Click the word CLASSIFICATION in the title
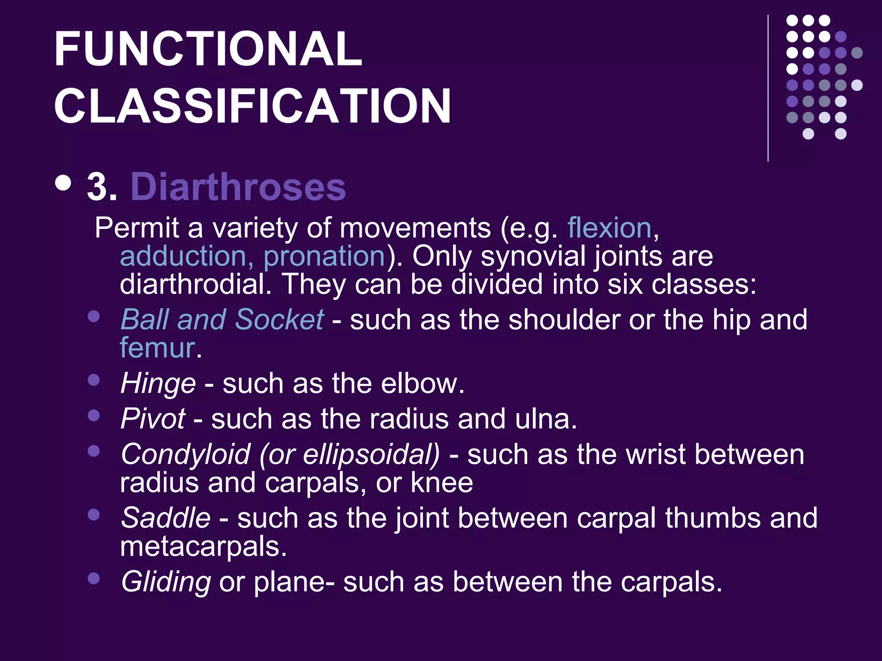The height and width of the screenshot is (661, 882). click(252, 106)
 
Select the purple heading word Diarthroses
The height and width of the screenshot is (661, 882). click(238, 187)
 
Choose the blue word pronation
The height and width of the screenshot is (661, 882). click(324, 256)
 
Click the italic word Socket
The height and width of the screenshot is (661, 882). click(279, 319)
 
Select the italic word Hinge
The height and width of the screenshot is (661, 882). click(158, 383)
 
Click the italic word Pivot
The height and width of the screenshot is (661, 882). click(153, 418)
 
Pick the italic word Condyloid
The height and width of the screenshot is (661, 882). click(186, 454)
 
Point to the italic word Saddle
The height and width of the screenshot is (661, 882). click(166, 518)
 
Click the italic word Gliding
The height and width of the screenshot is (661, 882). click(166, 582)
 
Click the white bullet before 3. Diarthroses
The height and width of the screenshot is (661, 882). click(63, 182)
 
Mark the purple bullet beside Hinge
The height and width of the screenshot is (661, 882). click(93, 380)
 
